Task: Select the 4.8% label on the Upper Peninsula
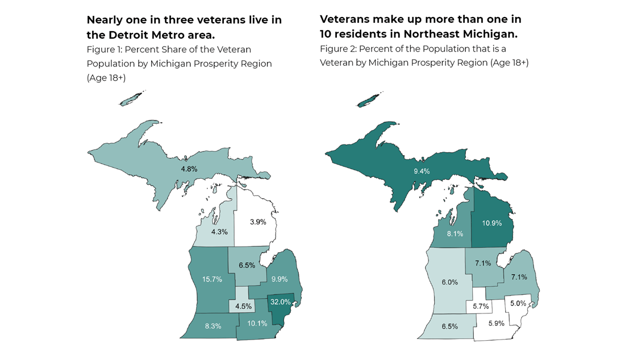tap(189, 169)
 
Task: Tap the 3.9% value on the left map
tap(257, 222)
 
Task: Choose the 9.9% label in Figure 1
tap(280, 279)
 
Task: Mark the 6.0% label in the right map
tap(450, 282)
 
